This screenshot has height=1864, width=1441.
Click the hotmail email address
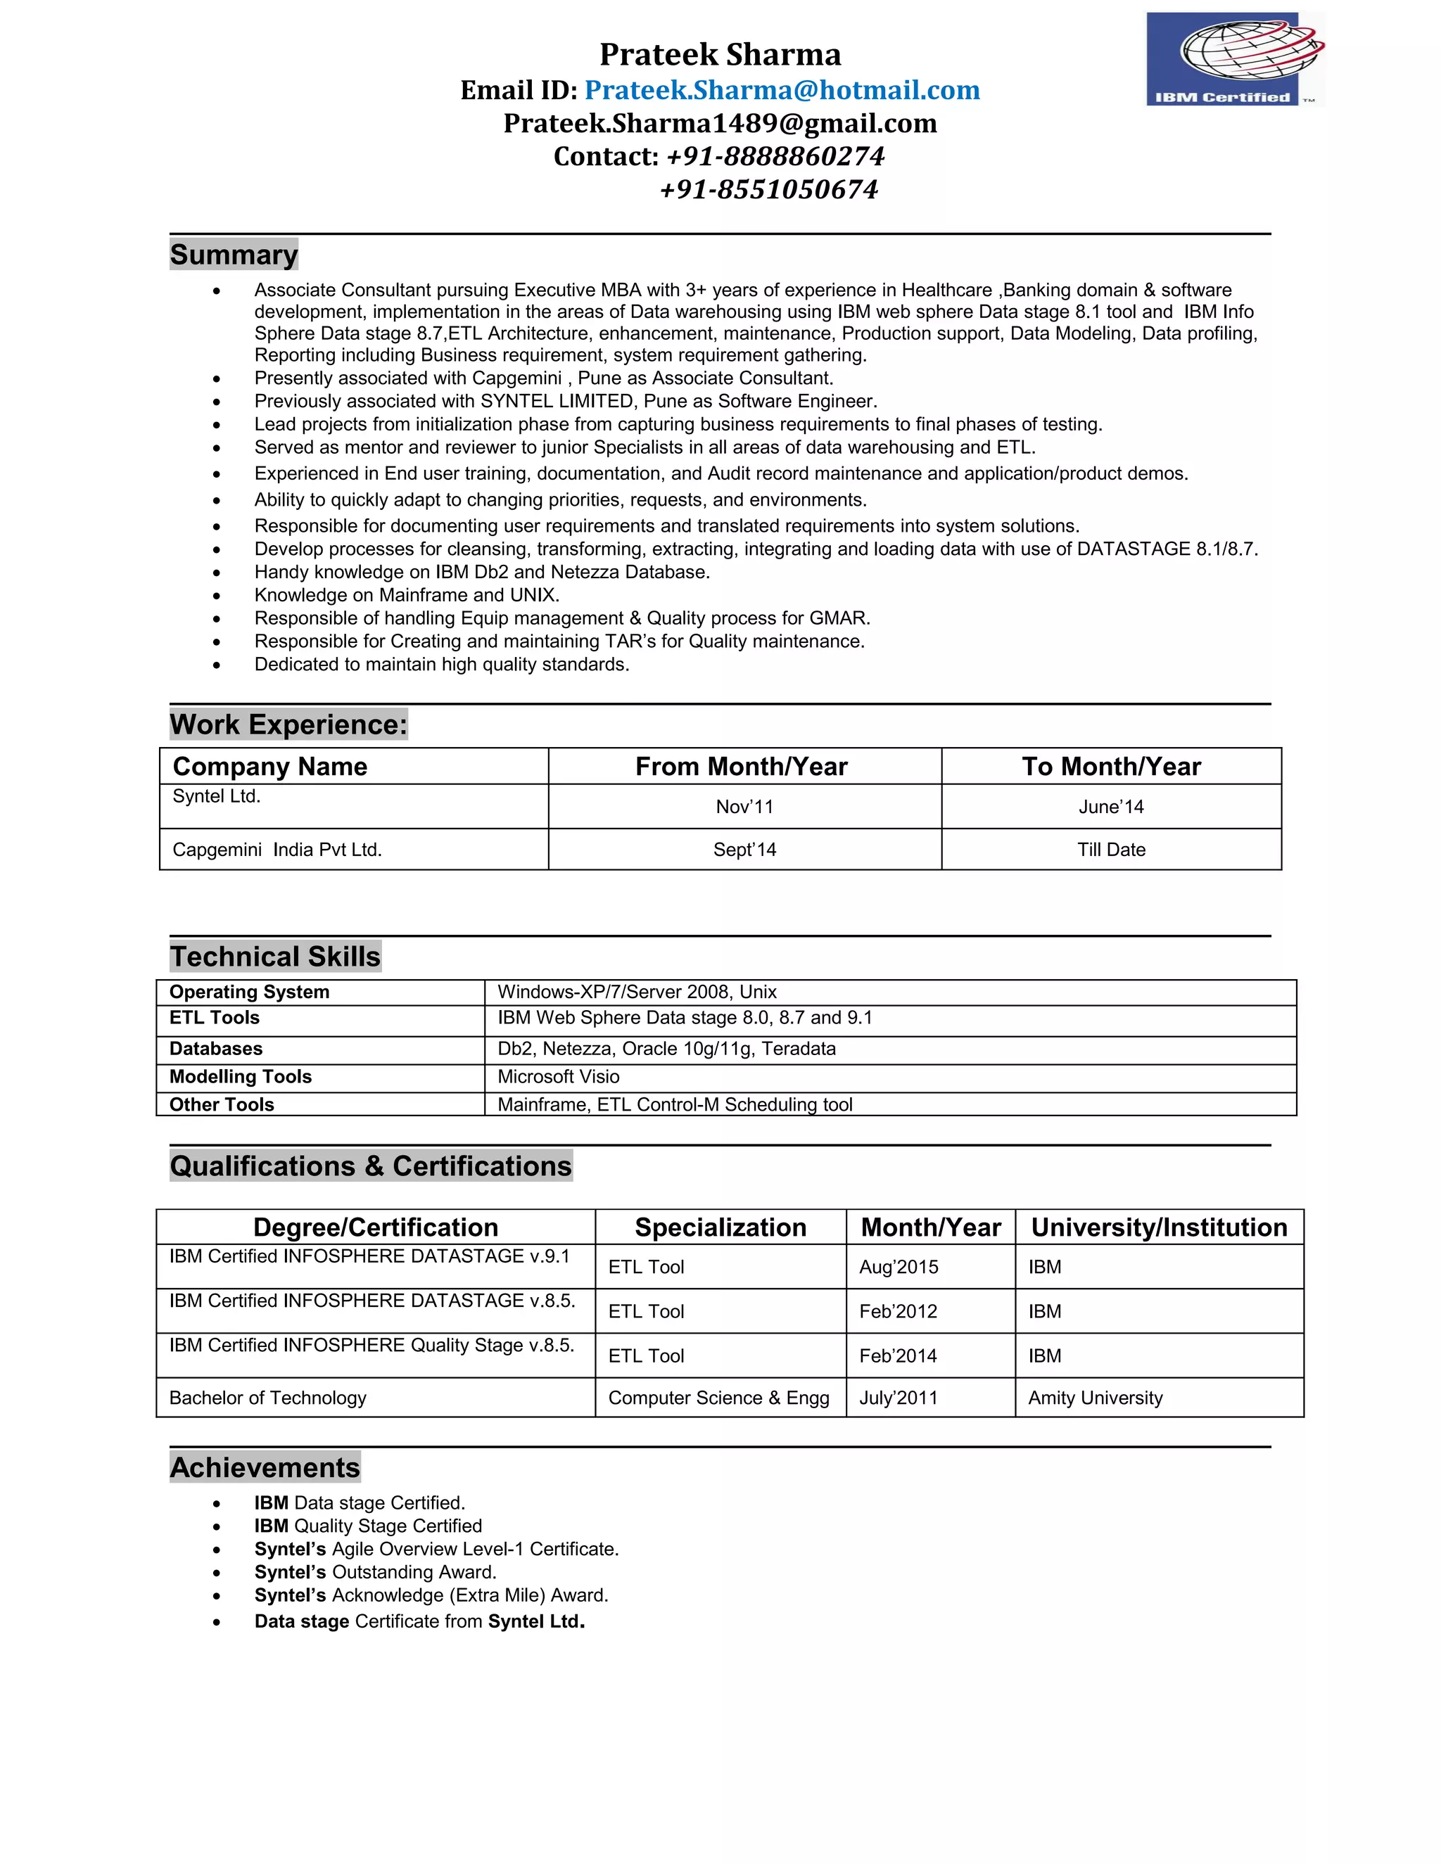(x=782, y=91)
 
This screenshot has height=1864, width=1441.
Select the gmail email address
(x=720, y=124)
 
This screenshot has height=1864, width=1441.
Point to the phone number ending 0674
(x=768, y=189)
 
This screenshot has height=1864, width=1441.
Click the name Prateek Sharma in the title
(x=720, y=55)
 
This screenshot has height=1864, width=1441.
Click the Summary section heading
(x=234, y=255)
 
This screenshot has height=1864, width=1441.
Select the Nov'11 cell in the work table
(x=744, y=807)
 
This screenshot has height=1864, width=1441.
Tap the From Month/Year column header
(x=741, y=767)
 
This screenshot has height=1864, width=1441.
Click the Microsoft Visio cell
(x=558, y=1077)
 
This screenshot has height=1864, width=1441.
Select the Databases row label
(x=215, y=1049)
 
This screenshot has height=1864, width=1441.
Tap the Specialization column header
(x=720, y=1227)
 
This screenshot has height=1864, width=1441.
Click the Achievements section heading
(x=265, y=1468)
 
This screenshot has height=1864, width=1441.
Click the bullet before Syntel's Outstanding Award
(x=217, y=1573)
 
